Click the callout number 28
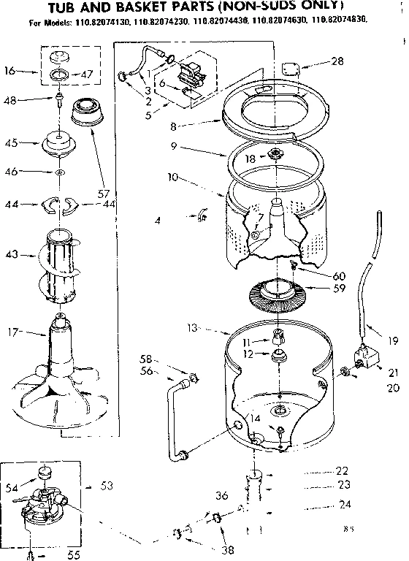pos(337,61)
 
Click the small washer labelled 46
pos(58,172)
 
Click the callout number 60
pos(339,276)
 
